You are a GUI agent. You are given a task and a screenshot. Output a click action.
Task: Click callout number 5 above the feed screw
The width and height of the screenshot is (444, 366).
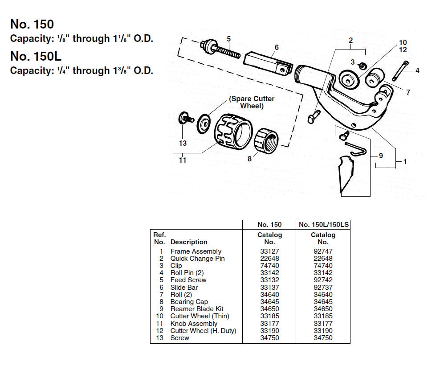click(228, 39)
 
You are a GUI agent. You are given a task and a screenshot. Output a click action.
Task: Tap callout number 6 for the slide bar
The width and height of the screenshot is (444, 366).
click(277, 47)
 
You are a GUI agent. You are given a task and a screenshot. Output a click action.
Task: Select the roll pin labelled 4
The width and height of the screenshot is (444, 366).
click(400, 70)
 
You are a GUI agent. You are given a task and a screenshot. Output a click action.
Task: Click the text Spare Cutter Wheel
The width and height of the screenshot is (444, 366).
click(252, 102)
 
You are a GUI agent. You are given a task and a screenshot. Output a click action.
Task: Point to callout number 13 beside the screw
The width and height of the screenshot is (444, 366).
click(183, 143)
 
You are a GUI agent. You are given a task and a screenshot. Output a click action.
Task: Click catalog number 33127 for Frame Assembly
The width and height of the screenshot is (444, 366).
click(269, 251)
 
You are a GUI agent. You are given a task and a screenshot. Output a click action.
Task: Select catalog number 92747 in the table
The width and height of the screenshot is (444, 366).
click(323, 251)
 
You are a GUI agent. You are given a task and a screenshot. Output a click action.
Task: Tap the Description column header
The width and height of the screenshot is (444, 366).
click(189, 242)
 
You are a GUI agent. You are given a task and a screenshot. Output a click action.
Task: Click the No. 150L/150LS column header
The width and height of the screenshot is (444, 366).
click(323, 225)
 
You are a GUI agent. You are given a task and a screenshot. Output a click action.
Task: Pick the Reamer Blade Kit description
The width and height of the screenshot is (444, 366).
click(197, 309)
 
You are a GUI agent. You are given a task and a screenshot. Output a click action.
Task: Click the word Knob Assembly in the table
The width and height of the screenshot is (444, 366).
click(194, 323)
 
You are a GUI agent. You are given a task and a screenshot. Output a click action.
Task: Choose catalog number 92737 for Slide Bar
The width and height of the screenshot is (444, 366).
click(323, 288)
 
